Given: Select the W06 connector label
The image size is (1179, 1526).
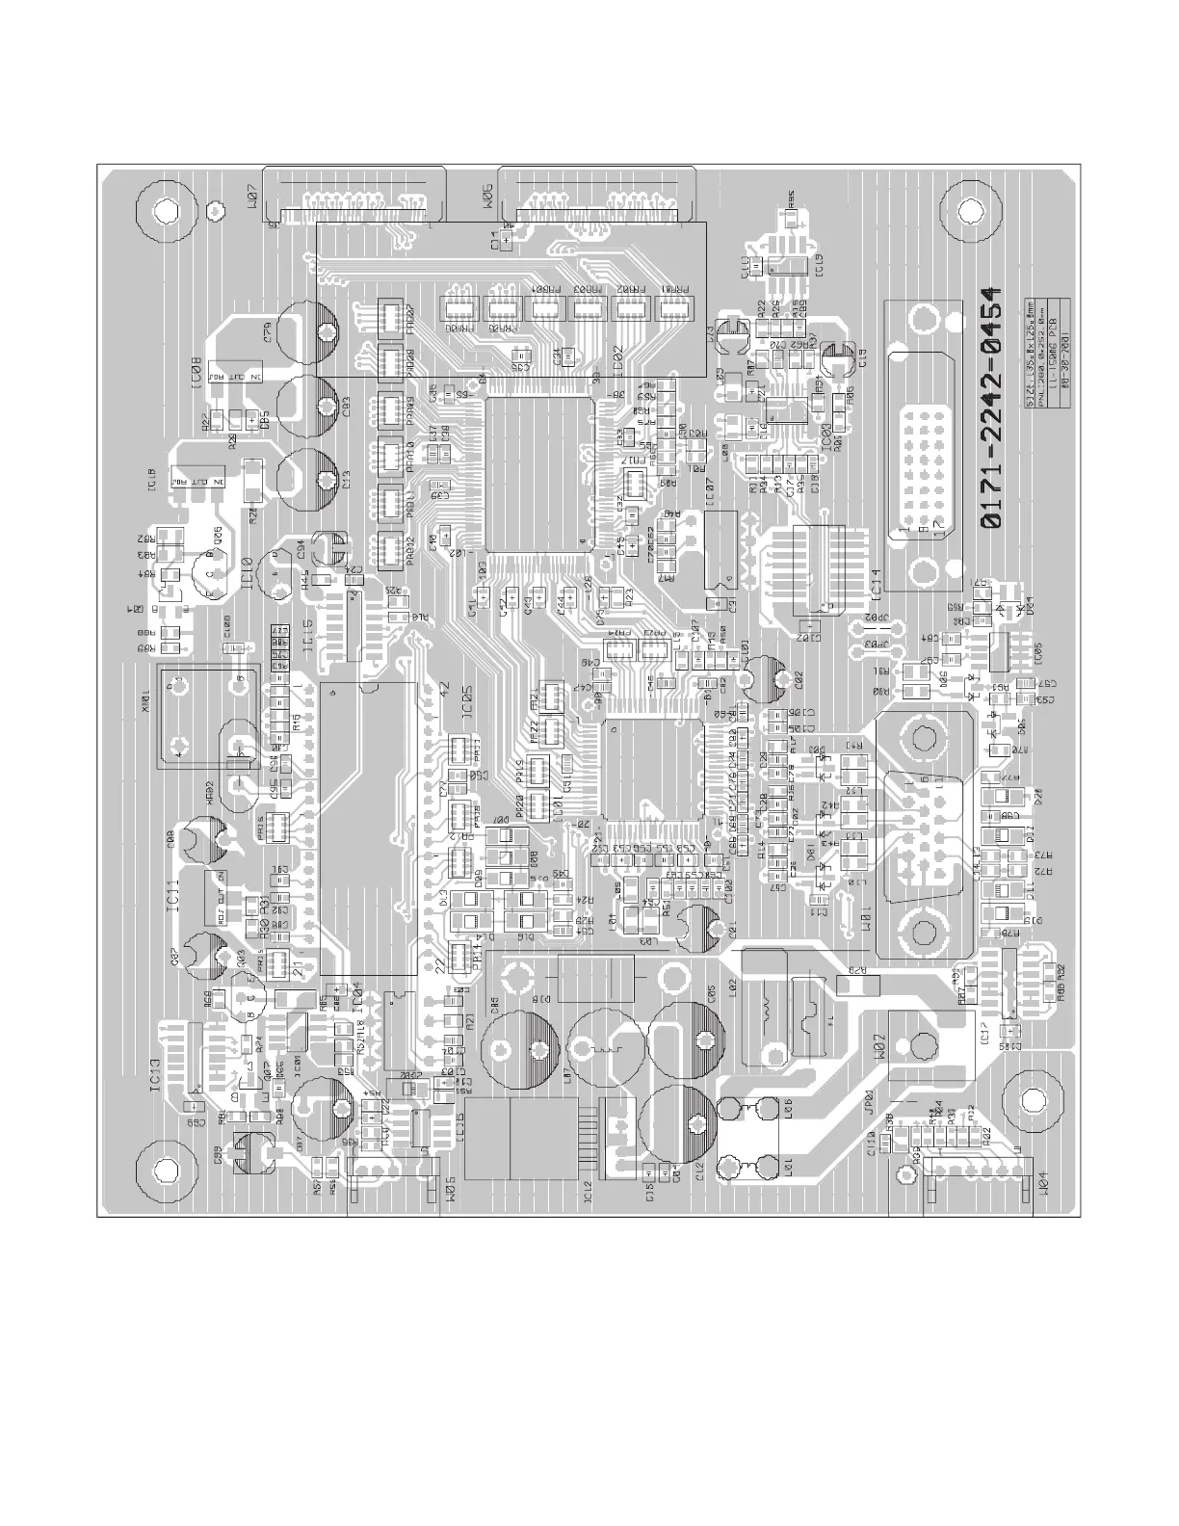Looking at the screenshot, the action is point(485,197).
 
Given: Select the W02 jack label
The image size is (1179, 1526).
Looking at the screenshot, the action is point(878,1043).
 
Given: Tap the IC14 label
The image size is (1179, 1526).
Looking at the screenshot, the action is point(877,585).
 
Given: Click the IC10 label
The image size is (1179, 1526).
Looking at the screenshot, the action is point(248,574).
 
